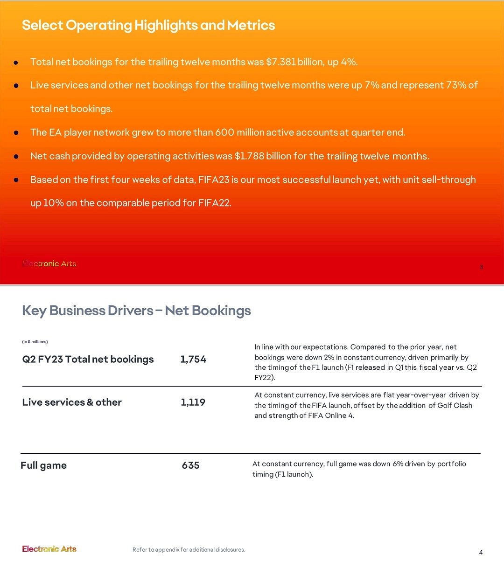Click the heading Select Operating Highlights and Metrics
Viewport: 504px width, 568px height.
tap(148, 25)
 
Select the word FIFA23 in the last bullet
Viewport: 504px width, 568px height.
tap(213, 180)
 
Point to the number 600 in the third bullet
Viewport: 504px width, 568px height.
tap(224, 132)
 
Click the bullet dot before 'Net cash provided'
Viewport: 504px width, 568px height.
tap(16, 157)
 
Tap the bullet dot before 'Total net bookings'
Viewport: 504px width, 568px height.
tap(16, 62)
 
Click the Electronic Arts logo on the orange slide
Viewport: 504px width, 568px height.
tap(49, 263)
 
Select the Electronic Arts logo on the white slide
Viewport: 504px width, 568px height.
tap(49, 549)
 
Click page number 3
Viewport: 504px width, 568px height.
tap(481, 267)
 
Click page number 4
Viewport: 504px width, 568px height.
tap(481, 553)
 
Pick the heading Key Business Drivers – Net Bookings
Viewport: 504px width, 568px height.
tap(136, 311)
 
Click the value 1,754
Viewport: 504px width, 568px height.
tap(193, 359)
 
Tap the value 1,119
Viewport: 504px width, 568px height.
tap(193, 402)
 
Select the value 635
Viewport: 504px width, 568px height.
tap(190, 465)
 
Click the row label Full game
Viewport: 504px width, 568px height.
tap(43, 465)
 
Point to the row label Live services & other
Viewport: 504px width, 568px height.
tap(72, 402)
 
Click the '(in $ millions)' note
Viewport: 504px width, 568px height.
tap(35, 342)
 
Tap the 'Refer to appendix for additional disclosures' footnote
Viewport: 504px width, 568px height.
tap(189, 550)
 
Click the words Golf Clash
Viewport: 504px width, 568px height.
tap(455, 405)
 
